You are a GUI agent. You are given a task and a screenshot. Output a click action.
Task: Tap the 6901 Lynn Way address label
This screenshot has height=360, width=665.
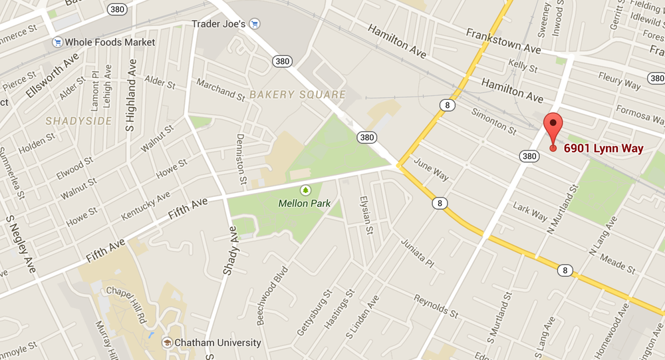(604, 148)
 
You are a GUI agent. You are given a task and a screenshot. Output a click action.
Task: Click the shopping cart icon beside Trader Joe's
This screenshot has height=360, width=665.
(255, 24)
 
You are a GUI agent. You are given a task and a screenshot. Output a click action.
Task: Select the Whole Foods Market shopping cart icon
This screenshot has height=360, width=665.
(58, 42)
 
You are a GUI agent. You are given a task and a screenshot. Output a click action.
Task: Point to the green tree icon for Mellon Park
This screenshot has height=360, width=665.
(305, 190)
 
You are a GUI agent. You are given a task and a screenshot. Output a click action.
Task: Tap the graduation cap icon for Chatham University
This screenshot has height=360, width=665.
(168, 343)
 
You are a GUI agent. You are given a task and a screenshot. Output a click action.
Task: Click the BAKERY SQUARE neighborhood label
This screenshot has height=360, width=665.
(298, 94)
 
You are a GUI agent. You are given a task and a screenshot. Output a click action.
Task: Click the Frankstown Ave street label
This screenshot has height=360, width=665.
(503, 41)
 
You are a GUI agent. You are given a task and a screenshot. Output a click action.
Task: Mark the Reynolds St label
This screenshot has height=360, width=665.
(436, 305)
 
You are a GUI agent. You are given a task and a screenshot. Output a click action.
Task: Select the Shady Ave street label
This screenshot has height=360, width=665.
(229, 251)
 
